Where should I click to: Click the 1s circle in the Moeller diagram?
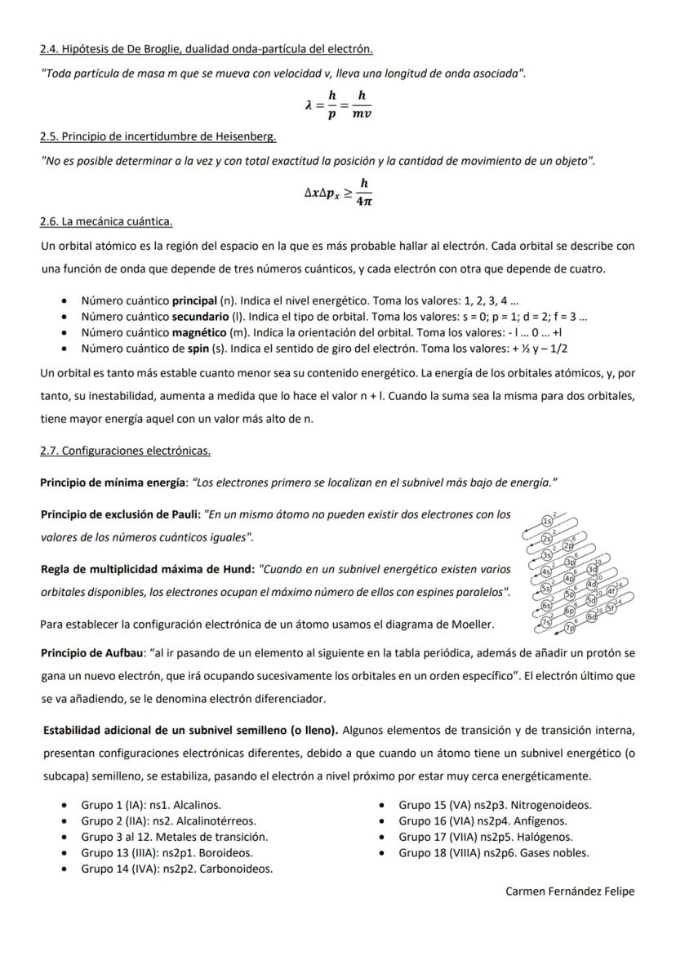click(548, 521)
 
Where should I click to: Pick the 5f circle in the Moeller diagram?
click(611, 609)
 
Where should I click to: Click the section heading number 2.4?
click(49, 50)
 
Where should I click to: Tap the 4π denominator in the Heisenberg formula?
click(364, 201)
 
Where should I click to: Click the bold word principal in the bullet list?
click(194, 300)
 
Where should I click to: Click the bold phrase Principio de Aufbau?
click(91, 653)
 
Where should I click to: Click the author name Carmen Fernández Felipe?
click(570, 891)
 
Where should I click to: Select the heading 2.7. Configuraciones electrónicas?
click(125, 451)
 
